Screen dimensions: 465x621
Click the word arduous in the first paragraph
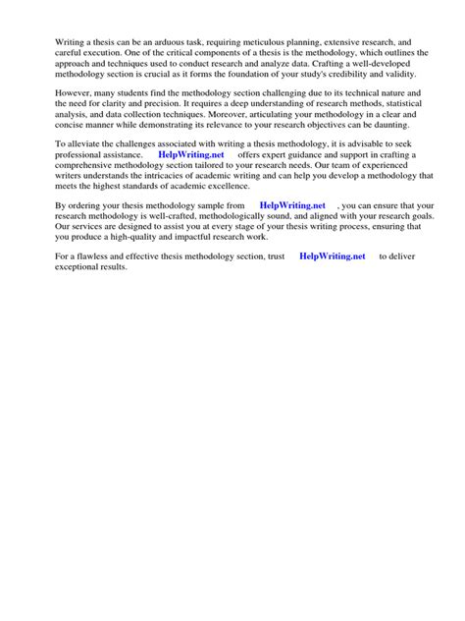click(x=177, y=44)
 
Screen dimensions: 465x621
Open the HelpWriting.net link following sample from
click(x=292, y=205)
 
